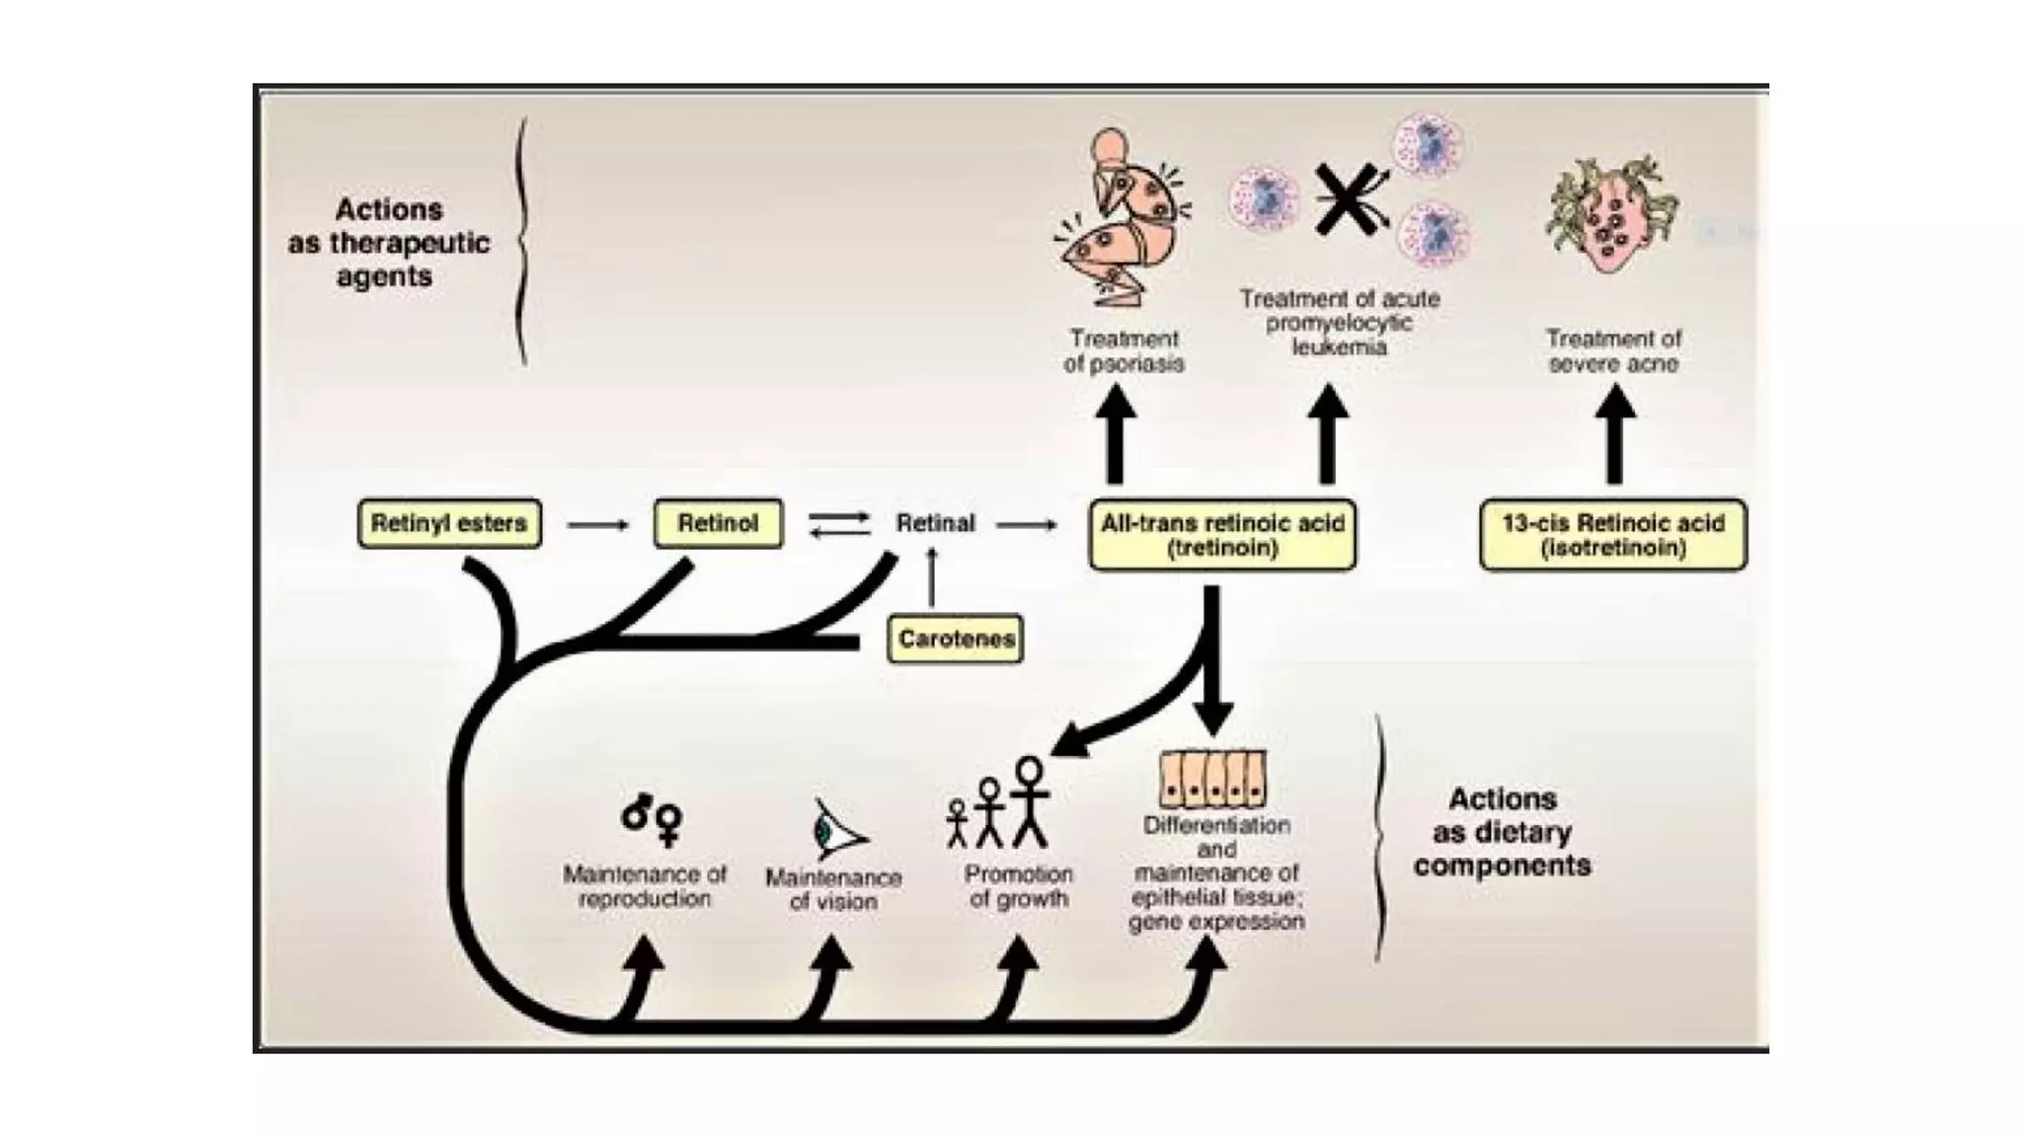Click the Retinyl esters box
coord(449,523)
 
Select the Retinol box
coord(718,523)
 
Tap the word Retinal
coord(934,523)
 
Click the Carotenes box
coord(955,639)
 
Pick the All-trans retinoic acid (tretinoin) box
coord(1222,535)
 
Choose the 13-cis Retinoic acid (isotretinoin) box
coord(1613,535)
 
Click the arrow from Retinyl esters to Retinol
coord(598,524)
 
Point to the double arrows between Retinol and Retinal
coord(839,524)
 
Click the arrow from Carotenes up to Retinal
coord(931,577)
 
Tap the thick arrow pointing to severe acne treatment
coord(1614,434)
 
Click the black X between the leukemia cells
coord(1345,199)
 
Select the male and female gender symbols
coord(653,818)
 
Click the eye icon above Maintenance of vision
coord(835,830)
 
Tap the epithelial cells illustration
coord(1212,779)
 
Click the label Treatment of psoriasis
coord(1124,351)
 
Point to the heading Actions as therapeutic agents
coord(388,243)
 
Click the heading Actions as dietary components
coord(1502,832)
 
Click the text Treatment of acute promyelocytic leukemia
coord(1339,322)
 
